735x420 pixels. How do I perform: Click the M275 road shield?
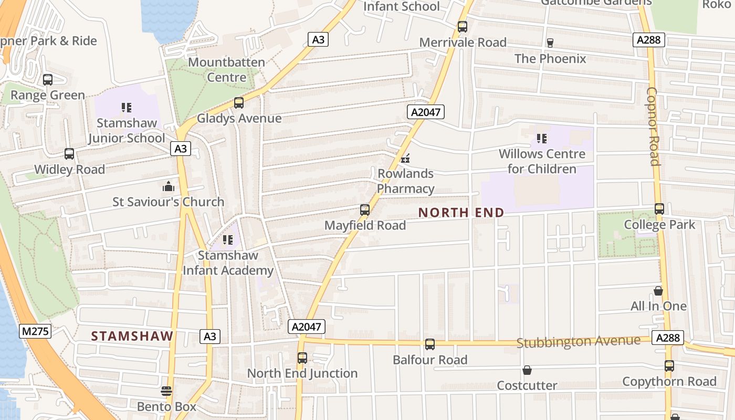point(35,331)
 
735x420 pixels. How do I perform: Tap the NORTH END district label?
point(461,213)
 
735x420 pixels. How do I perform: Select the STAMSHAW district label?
point(132,336)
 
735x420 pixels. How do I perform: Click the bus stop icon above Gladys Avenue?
point(239,103)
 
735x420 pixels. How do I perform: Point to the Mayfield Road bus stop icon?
point(365,210)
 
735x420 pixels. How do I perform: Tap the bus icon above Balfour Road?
point(430,344)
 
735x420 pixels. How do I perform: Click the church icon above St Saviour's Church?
point(168,186)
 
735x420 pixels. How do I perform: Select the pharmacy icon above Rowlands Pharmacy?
point(405,158)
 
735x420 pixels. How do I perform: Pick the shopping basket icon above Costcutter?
point(527,370)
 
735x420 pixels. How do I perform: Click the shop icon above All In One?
point(658,291)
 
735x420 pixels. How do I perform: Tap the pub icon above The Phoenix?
point(550,43)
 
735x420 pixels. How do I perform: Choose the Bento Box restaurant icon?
point(166,391)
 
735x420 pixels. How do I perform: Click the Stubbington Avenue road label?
point(579,342)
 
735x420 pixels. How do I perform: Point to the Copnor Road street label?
point(653,126)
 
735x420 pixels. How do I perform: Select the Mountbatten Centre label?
point(226,70)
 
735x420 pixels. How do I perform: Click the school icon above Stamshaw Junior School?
point(126,108)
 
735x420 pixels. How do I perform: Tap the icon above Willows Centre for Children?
point(542,139)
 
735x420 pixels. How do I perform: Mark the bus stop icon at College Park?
point(659,209)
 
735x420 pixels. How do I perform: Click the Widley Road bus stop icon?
point(69,154)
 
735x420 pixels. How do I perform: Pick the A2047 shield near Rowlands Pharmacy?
point(425,112)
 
